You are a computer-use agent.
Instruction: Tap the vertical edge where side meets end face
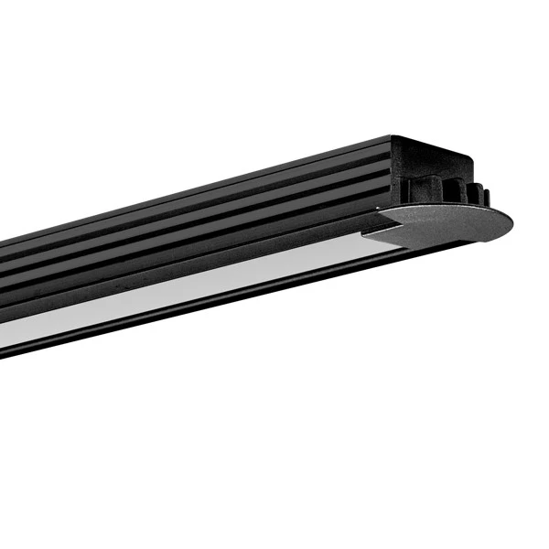pos(392,174)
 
